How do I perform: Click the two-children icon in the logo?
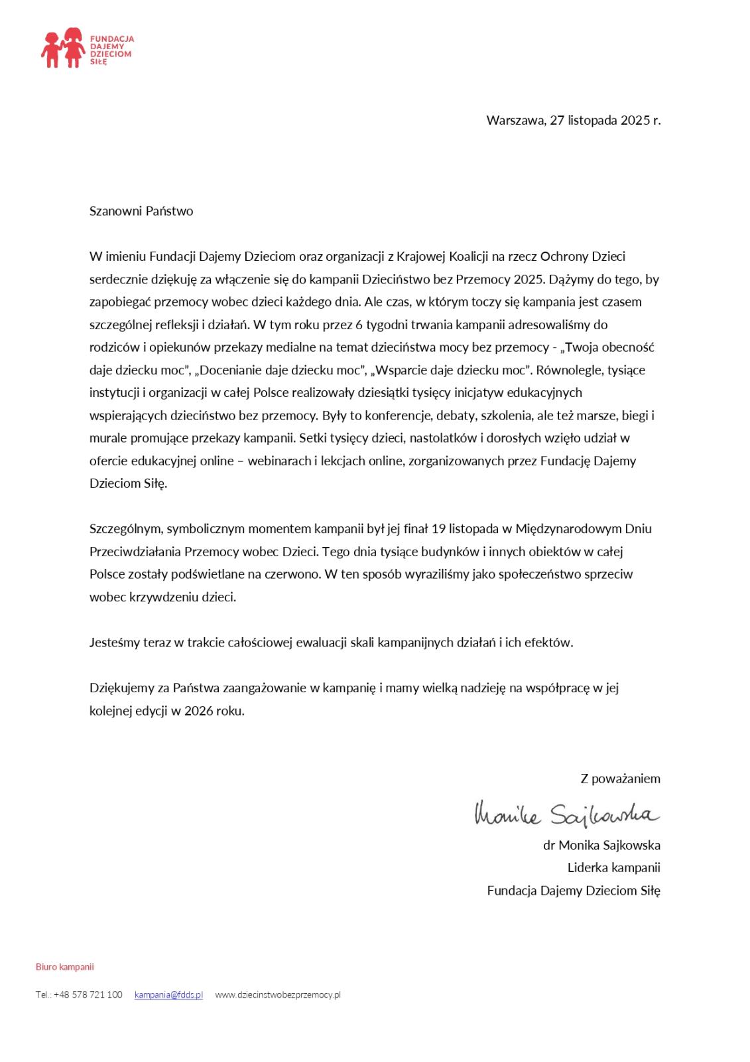[x=62, y=48]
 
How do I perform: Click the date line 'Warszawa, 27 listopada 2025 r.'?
[x=573, y=120]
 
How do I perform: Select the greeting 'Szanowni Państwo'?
[x=141, y=211]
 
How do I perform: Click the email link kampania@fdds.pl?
[x=168, y=994]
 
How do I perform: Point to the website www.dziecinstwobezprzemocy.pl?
[x=278, y=994]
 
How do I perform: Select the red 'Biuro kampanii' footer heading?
[x=64, y=966]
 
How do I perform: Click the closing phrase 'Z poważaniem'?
[x=620, y=779]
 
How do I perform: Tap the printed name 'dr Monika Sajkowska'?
[x=601, y=845]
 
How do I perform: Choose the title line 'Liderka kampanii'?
[x=613, y=868]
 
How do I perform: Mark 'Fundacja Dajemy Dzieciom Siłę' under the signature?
[x=573, y=891]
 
